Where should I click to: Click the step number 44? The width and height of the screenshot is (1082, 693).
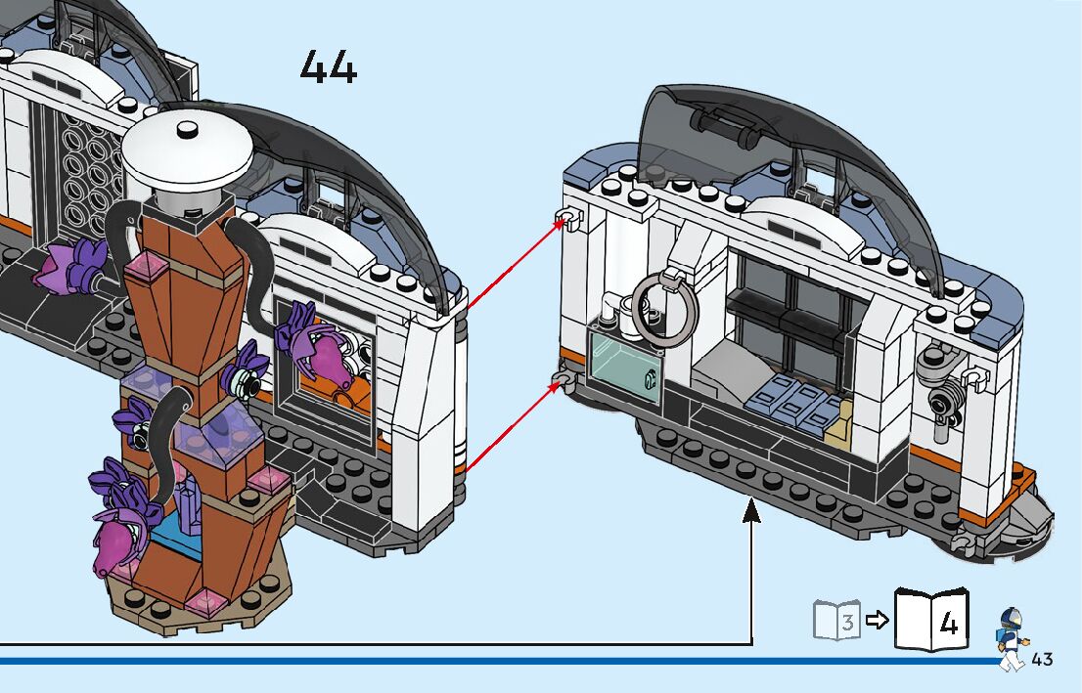pyautogui.click(x=328, y=67)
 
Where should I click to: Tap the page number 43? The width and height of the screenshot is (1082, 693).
pyautogui.click(x=1042, y=659)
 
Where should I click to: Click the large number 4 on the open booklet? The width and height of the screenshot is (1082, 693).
pyautogui.click(x=947, y=623)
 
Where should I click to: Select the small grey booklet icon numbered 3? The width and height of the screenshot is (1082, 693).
pyautogui.click(x=836, y=621)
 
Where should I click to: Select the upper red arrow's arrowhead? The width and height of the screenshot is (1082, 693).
pyautogui.click(x=563, y=222)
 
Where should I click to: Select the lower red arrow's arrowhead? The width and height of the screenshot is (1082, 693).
pyautogui.click(x=561, y=384)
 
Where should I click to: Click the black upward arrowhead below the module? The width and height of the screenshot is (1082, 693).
pyautogui.click(x=751, y=508)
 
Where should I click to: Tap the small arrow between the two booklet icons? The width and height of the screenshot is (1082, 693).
pyautogui.click(x=878, y=620)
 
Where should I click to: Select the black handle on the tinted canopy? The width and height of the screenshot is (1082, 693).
pyautogui.click(x=726, y=122)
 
